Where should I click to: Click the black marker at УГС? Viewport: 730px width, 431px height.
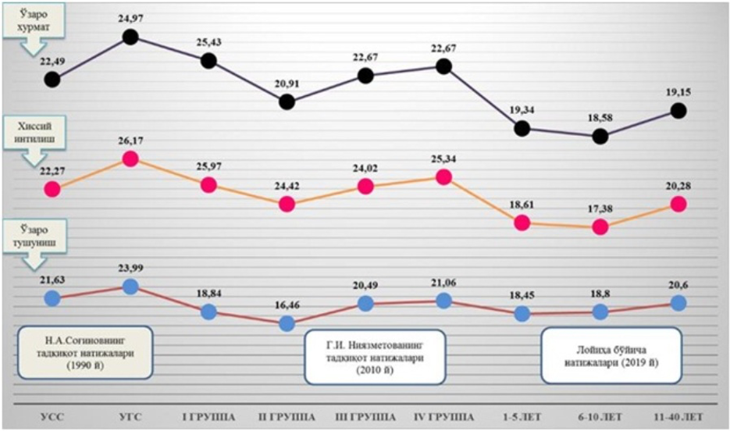click(130, 37)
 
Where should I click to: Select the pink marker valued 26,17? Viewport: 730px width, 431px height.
click(130, 159)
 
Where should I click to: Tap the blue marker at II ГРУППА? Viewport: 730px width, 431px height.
click(287, 322)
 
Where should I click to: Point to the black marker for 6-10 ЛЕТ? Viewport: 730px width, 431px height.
click(600, 136)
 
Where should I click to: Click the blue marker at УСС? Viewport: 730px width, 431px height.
click(52, 297)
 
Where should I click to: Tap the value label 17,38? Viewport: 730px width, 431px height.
click(600, 209)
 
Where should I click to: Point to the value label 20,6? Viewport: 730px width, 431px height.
click(678, 285)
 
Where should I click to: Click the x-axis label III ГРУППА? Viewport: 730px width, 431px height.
click(365, 415)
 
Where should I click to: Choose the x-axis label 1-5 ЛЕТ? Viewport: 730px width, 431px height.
click(522, 415)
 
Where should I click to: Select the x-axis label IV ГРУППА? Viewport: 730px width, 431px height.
click(443, 415)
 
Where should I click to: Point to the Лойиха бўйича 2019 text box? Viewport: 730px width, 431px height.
click(611, 355)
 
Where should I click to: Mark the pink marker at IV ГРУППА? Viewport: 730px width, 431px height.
click(443, 177)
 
